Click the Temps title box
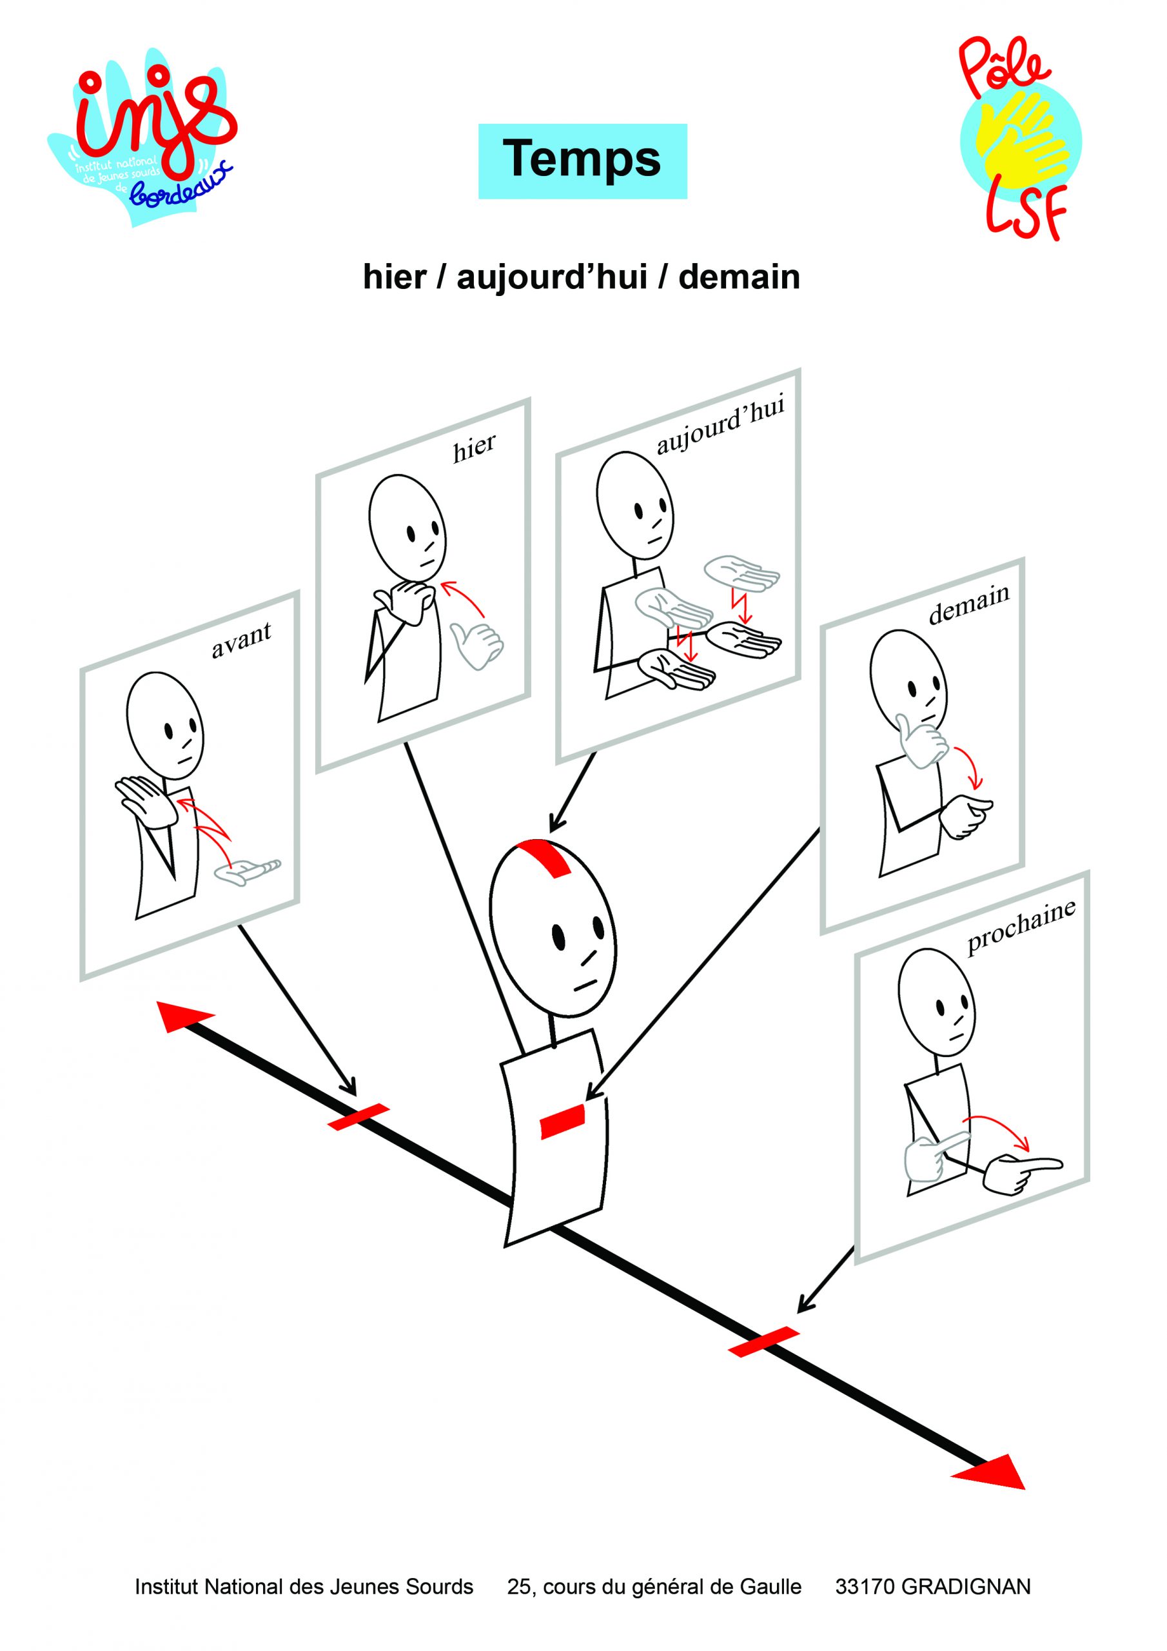(x=582, y=161)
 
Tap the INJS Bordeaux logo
(x=144, y=137)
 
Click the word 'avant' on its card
(x=241, y=639)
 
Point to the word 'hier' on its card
(x=474, y=448)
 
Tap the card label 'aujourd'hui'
(x=720, y=426)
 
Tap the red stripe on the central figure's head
(x=548, y=857)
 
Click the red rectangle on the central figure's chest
(x=562, y=1122)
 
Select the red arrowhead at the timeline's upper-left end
(x=181, y=1014)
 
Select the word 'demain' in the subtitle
(x=738, y=277)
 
